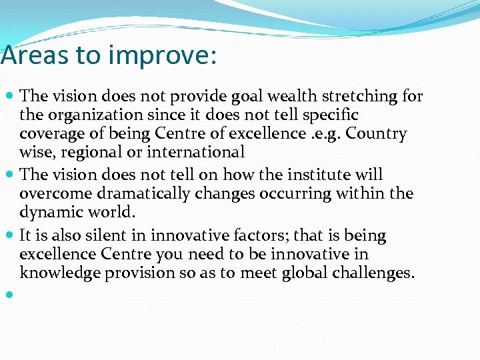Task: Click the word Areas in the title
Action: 35,55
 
